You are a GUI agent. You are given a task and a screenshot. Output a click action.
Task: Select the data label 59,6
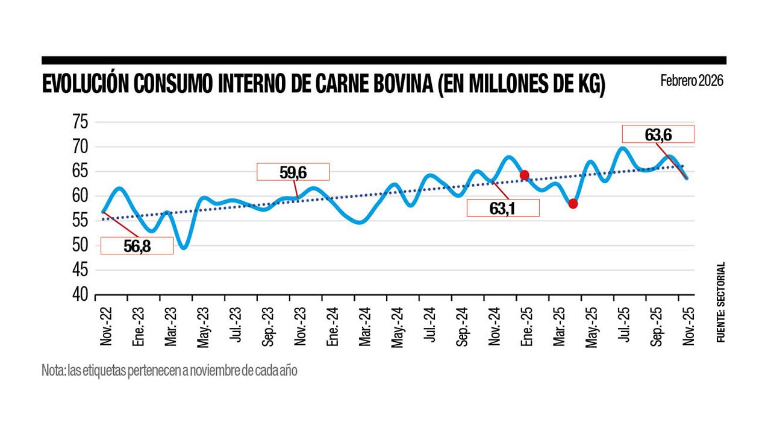[x=293, y=172]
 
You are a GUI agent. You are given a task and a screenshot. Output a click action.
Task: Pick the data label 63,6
[x=658, y=134]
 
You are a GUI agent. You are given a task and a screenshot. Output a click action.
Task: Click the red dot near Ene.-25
[x=524, y=175]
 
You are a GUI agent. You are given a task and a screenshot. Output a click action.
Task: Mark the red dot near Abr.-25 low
[x=573, y=204]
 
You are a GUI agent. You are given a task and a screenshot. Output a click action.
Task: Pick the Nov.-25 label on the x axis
[x=688, y=325]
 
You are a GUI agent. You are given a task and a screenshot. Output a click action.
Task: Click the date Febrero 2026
[x=691, y=81]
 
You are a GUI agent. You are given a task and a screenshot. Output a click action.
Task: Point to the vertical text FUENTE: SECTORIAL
[x=720, y=303]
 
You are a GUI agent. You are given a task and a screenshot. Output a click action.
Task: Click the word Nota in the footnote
[x=52, y=370]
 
